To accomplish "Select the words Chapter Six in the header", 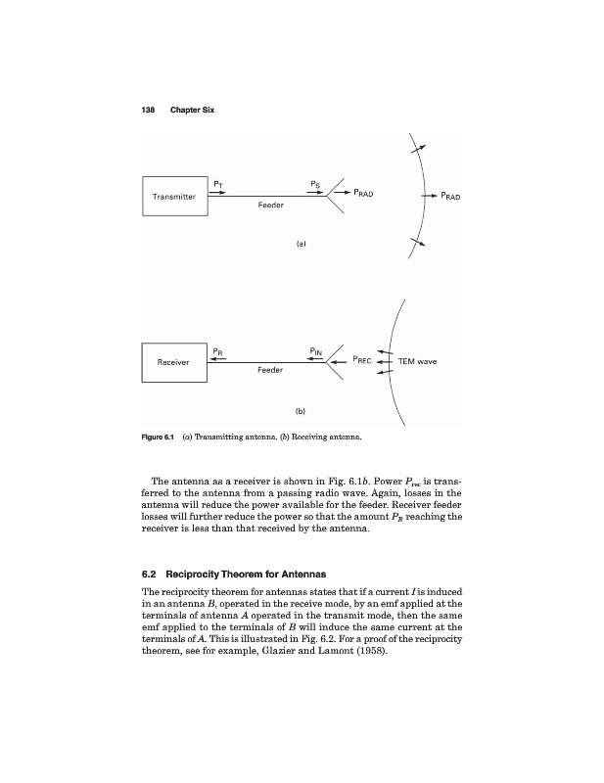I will (x=192, y=109).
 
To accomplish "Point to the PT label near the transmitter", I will (x=218, y=183).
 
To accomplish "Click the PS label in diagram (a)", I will (x=313, y=183).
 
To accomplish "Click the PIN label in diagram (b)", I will (x=315, y=348).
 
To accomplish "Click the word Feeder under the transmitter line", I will (x=270, y=207).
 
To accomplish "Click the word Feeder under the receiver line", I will (x=270, y=371).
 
